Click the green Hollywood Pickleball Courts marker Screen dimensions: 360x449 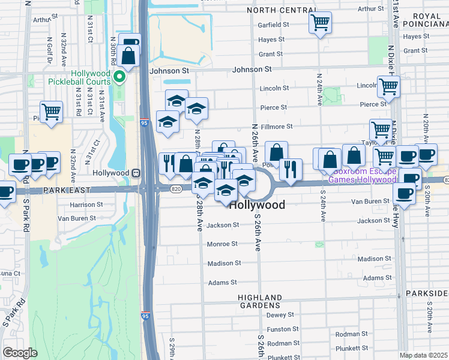[x=120, y=76]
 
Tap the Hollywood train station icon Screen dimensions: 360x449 [x=136, y=173]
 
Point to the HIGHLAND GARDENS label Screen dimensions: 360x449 [x=259, y=302]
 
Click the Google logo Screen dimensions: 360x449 [x=19, y=352]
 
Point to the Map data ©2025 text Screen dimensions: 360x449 [x=423, y=355]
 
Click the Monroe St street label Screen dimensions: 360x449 [x=222, y=244]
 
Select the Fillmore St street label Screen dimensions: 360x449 [x=276, y=127]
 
